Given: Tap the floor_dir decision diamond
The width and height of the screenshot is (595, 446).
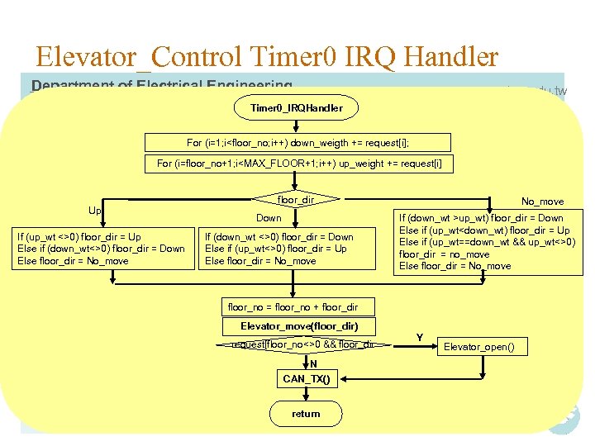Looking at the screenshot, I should tap(297, 199).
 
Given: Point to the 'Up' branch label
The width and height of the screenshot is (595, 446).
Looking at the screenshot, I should tap(96, 211).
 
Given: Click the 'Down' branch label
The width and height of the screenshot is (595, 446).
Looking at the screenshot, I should tap(269, 218).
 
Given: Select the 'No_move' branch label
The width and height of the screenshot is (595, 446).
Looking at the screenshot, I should tap(542, 201).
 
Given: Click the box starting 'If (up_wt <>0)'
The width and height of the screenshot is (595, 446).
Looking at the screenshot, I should tap(101, 249).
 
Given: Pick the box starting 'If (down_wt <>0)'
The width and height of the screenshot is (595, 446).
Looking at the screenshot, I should tap(278, 249).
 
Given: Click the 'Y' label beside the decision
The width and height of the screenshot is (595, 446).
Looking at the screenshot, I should tap(420, 337).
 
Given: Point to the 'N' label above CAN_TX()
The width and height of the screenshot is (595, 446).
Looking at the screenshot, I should tap(313, 363).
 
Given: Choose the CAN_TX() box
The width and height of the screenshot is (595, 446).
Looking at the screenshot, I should tap(306, 379).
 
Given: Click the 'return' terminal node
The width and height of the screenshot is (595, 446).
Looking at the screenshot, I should tap(306, 414).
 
